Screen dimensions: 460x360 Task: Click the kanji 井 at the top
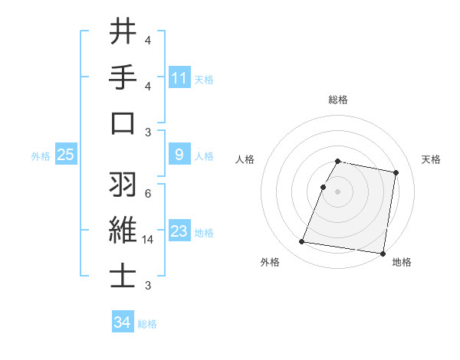click(123, 32)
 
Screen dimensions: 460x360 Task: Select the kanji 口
click(123, 124)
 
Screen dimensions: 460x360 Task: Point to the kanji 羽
click(123, 185)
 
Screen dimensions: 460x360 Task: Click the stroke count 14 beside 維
click(148, 240)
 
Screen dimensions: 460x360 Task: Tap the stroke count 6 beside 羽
click(147, 193)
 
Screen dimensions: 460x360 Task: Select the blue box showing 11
click(179, 77)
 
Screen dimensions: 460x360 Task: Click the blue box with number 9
click(179, 155)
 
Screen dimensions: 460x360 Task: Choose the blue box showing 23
click(179, 231)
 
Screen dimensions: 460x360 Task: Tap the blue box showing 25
click(65, 155)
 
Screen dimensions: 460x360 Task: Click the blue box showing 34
click(123, 323)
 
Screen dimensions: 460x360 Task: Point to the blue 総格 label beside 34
click(147, 324)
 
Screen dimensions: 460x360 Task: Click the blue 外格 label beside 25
click(41, 156)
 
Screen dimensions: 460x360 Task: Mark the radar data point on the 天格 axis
click(396, 174)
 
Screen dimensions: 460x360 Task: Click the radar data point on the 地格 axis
click(382, 253)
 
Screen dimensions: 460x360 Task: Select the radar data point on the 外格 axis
click(302, 242)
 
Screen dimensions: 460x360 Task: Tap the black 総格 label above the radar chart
click(338, 100)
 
